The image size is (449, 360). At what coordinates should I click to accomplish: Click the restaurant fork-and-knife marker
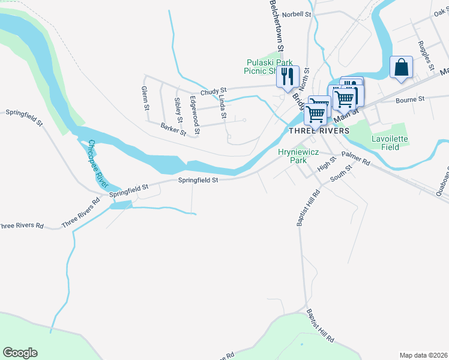(287, 76)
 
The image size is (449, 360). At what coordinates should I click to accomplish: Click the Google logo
(20, 353)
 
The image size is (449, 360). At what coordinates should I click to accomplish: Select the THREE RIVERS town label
(319, 131)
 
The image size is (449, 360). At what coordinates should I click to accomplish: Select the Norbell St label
(298, 14)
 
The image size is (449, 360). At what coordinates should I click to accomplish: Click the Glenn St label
(145, 98)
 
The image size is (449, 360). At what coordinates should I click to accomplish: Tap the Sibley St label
(178, 109)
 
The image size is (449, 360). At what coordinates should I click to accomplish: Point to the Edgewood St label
(194, 111)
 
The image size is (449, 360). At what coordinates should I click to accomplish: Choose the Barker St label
(173, 128)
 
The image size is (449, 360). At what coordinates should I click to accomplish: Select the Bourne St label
(410, 98)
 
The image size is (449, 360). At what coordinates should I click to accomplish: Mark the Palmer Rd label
(357, 158)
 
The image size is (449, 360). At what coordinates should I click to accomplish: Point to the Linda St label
(222, 106)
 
